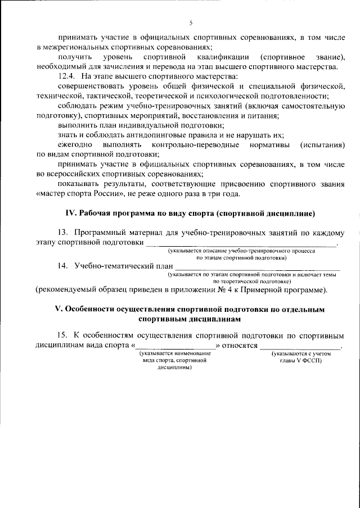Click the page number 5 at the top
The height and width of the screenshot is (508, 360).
click(191, 22)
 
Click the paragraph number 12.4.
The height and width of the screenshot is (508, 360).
click(66, 76)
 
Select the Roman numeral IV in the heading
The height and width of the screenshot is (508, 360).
click(70, 213)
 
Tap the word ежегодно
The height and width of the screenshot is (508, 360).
click(75, 146)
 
